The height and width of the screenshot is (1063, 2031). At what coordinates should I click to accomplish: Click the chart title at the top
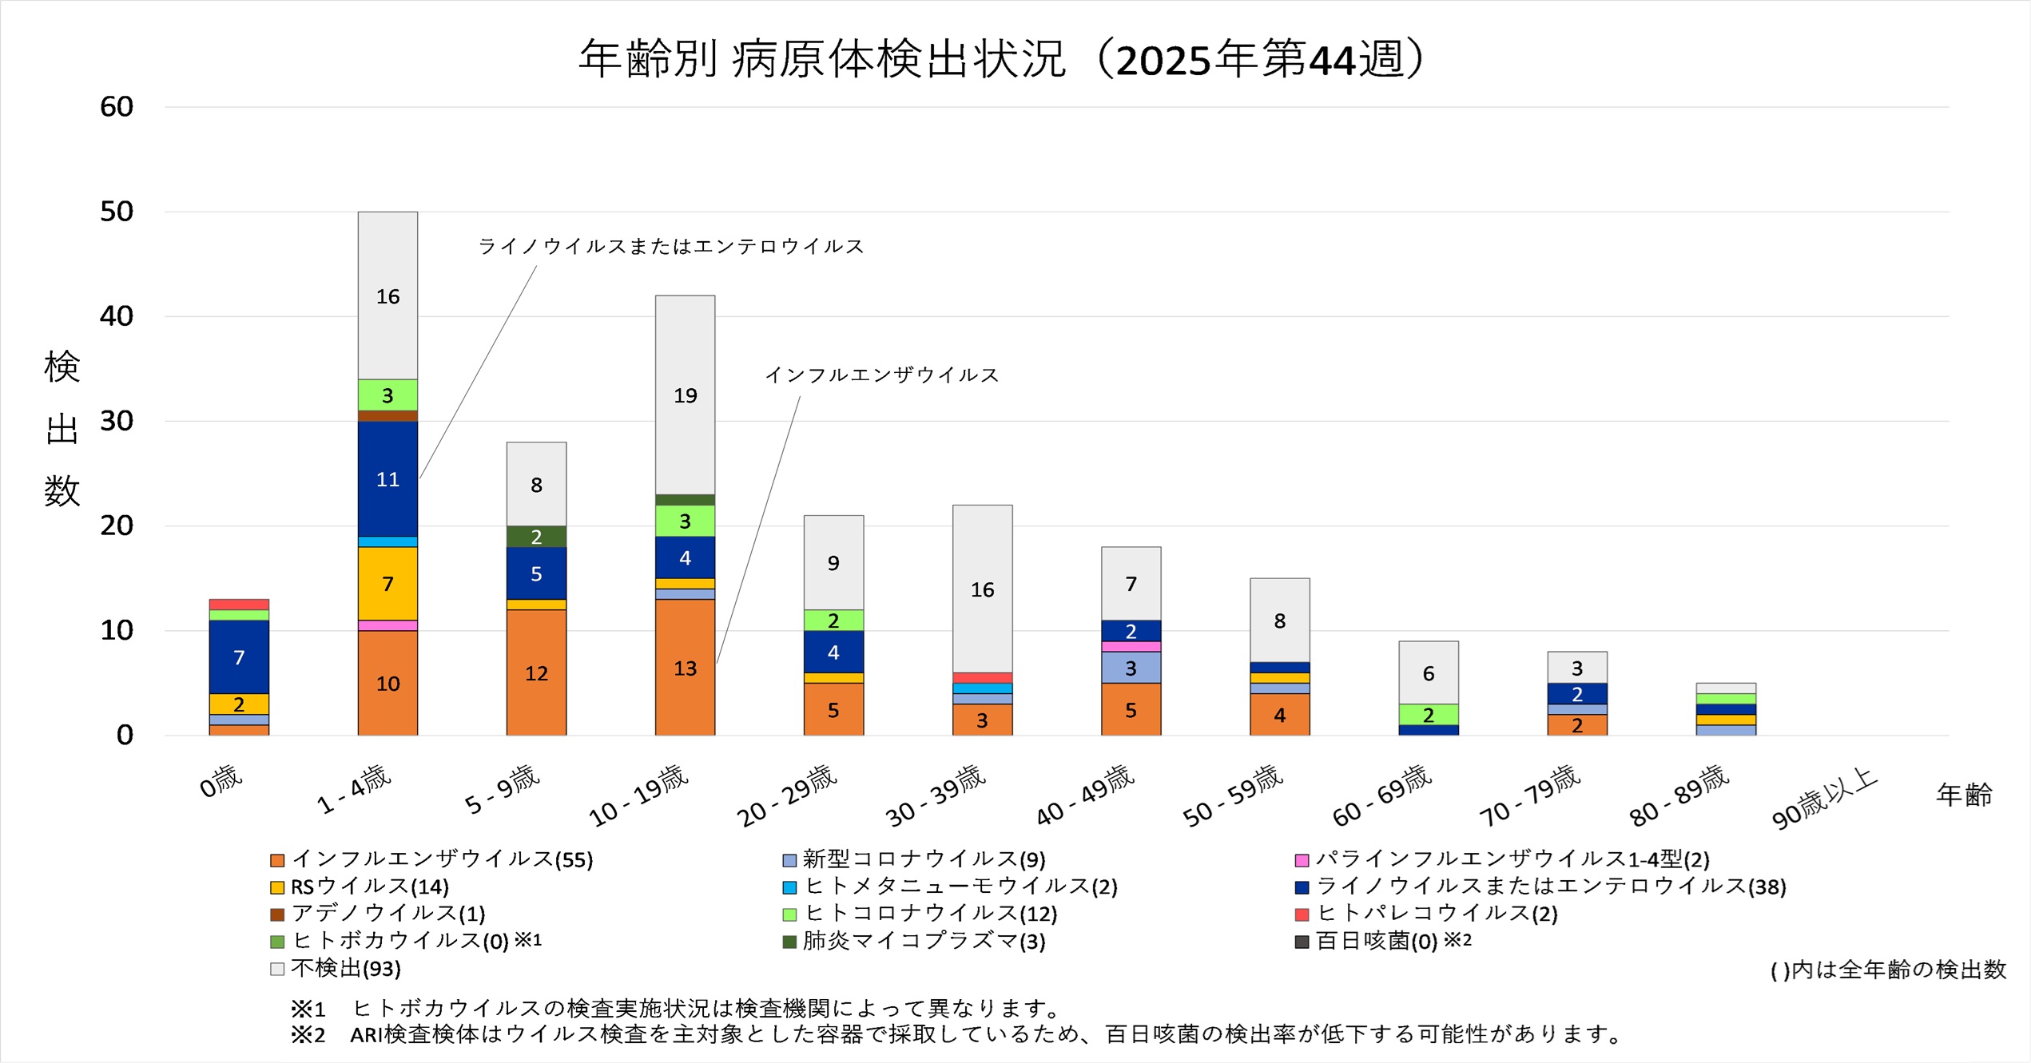[x=1002, y=59]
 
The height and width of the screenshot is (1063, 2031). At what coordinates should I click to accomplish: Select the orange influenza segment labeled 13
[x=685, y=668]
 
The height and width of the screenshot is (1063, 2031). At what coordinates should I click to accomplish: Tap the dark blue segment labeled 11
[x=388, y=479]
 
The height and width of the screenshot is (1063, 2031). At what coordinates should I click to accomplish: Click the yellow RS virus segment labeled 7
[x=388, y=584]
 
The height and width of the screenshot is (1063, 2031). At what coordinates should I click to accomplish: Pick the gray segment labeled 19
[x=685, y=395]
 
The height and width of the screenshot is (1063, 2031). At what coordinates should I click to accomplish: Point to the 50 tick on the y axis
[x=117, y=212]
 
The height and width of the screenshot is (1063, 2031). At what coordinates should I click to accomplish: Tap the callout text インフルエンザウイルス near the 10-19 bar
[x=882, y=375]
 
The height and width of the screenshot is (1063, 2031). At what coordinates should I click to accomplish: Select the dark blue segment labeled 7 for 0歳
[x=239, y=656]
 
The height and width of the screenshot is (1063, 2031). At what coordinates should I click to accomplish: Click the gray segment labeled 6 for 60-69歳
[x=1429, y=672]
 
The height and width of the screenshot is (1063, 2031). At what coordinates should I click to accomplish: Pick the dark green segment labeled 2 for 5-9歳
[x=536, y=537]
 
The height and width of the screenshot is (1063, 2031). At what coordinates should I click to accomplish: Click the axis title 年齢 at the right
[x=1964, y=795]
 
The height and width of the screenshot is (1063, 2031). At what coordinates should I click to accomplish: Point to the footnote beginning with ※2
[x=959, y=1035]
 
